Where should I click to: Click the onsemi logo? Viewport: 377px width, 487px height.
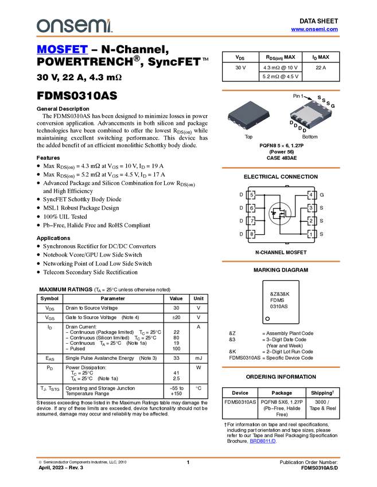[74, 26]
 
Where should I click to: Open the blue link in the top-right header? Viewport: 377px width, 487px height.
[314, 29]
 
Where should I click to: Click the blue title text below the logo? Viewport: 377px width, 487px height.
[62, 50]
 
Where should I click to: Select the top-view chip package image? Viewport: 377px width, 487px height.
[248, 115]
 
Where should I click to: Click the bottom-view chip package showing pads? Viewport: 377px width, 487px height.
[310, 115]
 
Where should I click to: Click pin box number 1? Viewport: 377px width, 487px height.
[311, 234]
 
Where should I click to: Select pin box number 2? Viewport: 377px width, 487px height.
[311, 221]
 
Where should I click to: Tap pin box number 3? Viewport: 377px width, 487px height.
[311, 208]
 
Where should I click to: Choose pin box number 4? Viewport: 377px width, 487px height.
[311, 195]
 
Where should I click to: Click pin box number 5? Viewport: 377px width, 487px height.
[251, 195]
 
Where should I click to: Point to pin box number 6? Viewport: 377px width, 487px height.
[251, 208]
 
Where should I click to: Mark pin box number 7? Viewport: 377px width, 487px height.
[251, 221]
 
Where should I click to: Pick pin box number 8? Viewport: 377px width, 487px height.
[251, 234]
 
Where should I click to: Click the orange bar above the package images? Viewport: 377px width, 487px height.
[281, 91]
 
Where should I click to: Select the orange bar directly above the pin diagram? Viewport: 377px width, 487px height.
[281, 168]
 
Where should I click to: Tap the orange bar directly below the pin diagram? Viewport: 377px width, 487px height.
[281, 261]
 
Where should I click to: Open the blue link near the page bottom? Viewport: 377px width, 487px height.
[263, 441]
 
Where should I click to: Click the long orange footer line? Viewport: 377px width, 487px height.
[188, 458]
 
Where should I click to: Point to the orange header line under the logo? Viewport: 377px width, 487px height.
[188, 37]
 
